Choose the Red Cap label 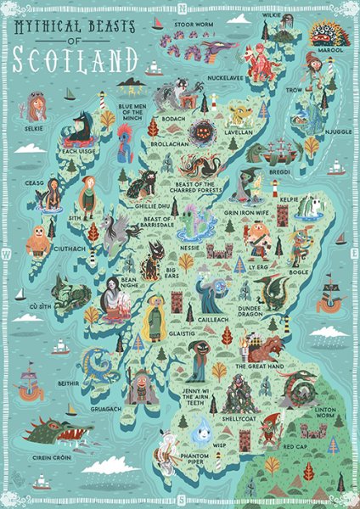click(x=294, y=446)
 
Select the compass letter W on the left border click(x=7, y=254)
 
